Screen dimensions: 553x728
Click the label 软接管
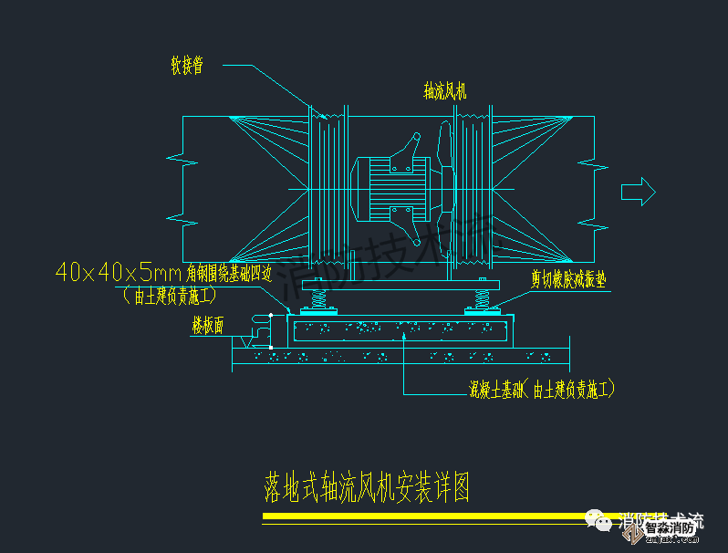[186, 65]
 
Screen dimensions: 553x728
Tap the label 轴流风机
[445, 91]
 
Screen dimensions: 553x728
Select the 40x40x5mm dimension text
[120, 272]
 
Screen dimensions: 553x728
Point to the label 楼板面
[208, 327]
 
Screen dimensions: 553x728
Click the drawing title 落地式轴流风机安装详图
[367, 489]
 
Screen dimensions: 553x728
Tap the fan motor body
[388, 190]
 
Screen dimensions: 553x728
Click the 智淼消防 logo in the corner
[671, 527]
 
